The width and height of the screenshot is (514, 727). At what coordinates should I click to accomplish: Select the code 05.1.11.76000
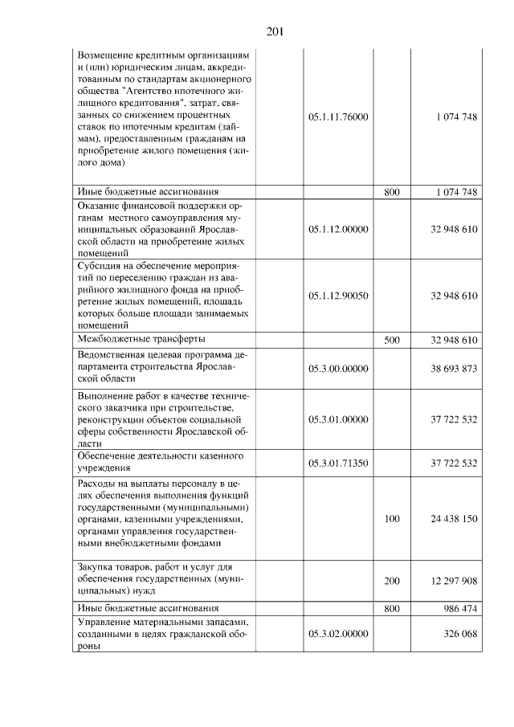coord(338,117)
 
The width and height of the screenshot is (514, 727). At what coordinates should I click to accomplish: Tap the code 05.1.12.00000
coord(338,230)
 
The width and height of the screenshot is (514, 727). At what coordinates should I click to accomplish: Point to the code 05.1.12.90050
coord(338,296)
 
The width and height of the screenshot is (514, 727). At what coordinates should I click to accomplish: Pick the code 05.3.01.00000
coord(338,419)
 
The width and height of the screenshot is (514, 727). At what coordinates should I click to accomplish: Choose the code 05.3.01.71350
coord(338,463)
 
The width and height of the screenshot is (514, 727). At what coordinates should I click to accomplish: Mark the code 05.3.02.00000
coord(338,634)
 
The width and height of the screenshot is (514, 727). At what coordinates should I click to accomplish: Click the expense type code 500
coord(392,341)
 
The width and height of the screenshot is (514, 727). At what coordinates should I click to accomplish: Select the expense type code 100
coord(392,519)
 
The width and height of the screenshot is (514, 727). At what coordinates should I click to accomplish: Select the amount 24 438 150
coord(454,519)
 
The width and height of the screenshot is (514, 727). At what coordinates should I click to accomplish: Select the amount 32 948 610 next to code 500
coord(454,341)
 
